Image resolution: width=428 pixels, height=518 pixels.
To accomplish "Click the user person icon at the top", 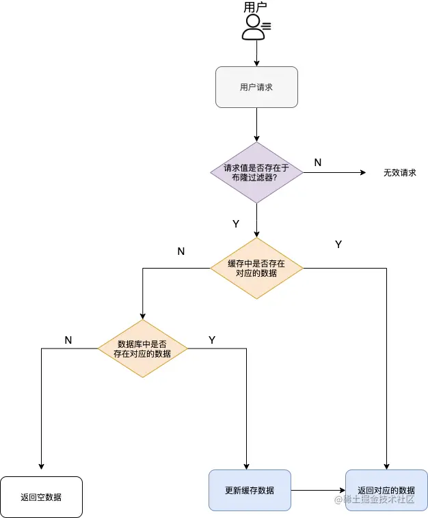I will tap(254, 27).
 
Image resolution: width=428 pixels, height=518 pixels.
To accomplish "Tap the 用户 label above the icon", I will tap(255, 8).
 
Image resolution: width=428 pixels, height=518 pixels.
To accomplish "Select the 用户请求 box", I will tap(256, 87).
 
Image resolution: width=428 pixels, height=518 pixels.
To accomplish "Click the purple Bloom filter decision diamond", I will tap(256, 172).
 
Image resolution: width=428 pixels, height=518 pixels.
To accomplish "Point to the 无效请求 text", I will tap(399, 173).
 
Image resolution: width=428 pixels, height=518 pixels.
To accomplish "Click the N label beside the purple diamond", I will tap(318, 162).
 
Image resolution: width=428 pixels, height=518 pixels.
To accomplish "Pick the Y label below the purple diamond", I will tap(236, 223).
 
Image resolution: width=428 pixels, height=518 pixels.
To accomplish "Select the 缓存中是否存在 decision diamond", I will tap(256, 268).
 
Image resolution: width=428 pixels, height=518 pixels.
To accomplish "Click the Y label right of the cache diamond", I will tap(338, 244).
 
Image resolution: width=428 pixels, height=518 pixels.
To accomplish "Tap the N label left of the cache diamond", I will tap(181, 251).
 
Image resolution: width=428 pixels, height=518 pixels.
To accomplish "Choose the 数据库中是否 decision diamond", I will tap(142, 349).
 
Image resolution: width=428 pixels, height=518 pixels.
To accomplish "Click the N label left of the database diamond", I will tap(68, 340).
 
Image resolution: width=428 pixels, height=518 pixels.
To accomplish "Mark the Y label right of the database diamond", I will tap(212, 340).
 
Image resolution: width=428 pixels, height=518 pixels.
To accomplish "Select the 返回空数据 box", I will tap(41, 497).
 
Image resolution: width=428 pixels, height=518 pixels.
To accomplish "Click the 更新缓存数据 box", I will tap(250, 490).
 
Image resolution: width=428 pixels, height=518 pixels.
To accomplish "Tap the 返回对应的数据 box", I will tap(386, 490).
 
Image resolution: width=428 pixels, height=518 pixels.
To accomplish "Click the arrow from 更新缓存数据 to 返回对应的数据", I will tap(318, 490).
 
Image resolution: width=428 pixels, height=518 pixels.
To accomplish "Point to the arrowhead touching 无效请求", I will tap(363, 173).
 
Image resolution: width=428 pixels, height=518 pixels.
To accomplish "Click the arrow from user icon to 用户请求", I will tap(256, 53).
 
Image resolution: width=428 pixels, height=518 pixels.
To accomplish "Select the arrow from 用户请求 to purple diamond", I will tap(256, 124).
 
